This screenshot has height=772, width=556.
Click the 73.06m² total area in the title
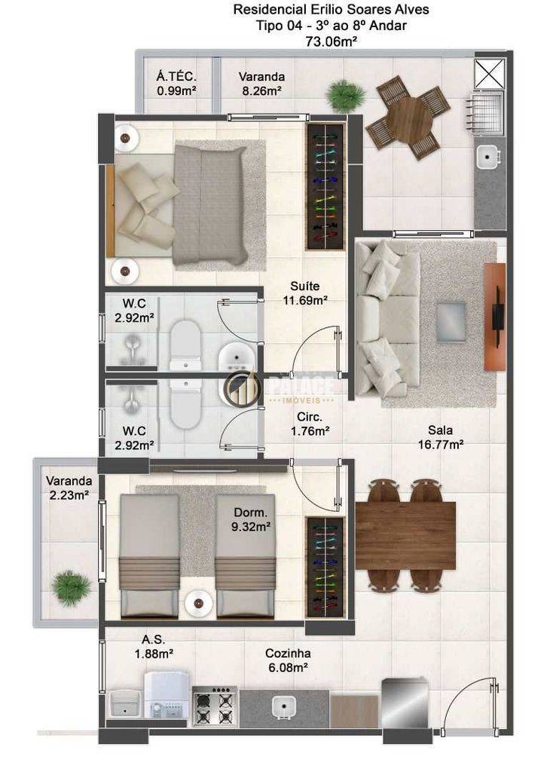331,41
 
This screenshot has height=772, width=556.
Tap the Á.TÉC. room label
176,77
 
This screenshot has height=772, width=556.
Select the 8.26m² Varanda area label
261,90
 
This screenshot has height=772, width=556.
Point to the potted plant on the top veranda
346,96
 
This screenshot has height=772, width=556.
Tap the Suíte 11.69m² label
305,293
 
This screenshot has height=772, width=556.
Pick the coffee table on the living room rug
451,321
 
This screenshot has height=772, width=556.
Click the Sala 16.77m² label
441,437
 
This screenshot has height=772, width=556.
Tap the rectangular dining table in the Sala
405,535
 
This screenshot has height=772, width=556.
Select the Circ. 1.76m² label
310,424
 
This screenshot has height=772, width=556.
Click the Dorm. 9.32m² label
251,519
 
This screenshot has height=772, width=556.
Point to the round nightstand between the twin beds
198,603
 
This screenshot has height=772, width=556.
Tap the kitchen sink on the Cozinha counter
284,706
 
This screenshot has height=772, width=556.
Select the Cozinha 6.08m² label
288,660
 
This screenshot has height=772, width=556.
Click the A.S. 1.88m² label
154,646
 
